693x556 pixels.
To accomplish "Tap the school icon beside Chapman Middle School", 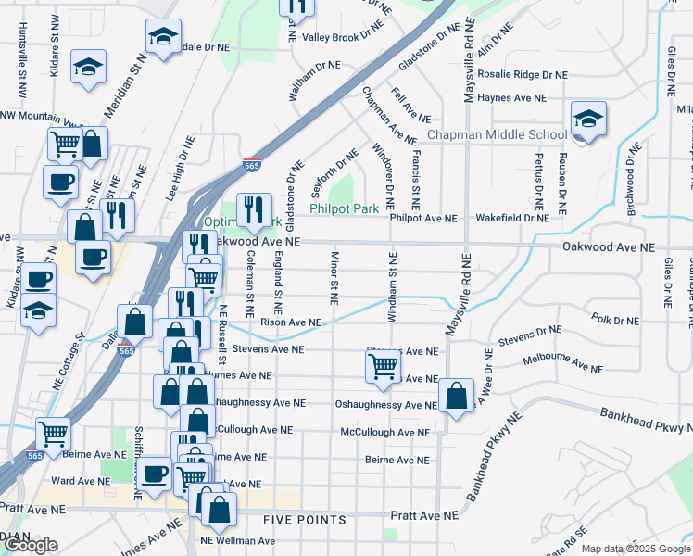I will [587, 120].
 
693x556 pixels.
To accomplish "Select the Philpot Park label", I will [344, 209].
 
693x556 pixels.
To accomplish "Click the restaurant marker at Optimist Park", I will [253, 210].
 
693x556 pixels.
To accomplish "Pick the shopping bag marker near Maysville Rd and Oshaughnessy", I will [456, 395].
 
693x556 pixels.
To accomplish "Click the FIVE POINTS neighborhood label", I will [304, 521].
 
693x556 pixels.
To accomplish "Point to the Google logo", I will [31, 545].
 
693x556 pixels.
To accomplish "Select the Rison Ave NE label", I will [291, 322].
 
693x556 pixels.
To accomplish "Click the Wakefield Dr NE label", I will [512, 219].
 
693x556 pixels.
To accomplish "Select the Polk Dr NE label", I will [614, 320].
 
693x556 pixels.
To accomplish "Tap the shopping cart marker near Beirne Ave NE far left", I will [54, 431].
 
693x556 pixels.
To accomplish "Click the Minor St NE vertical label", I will [333, 277].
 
